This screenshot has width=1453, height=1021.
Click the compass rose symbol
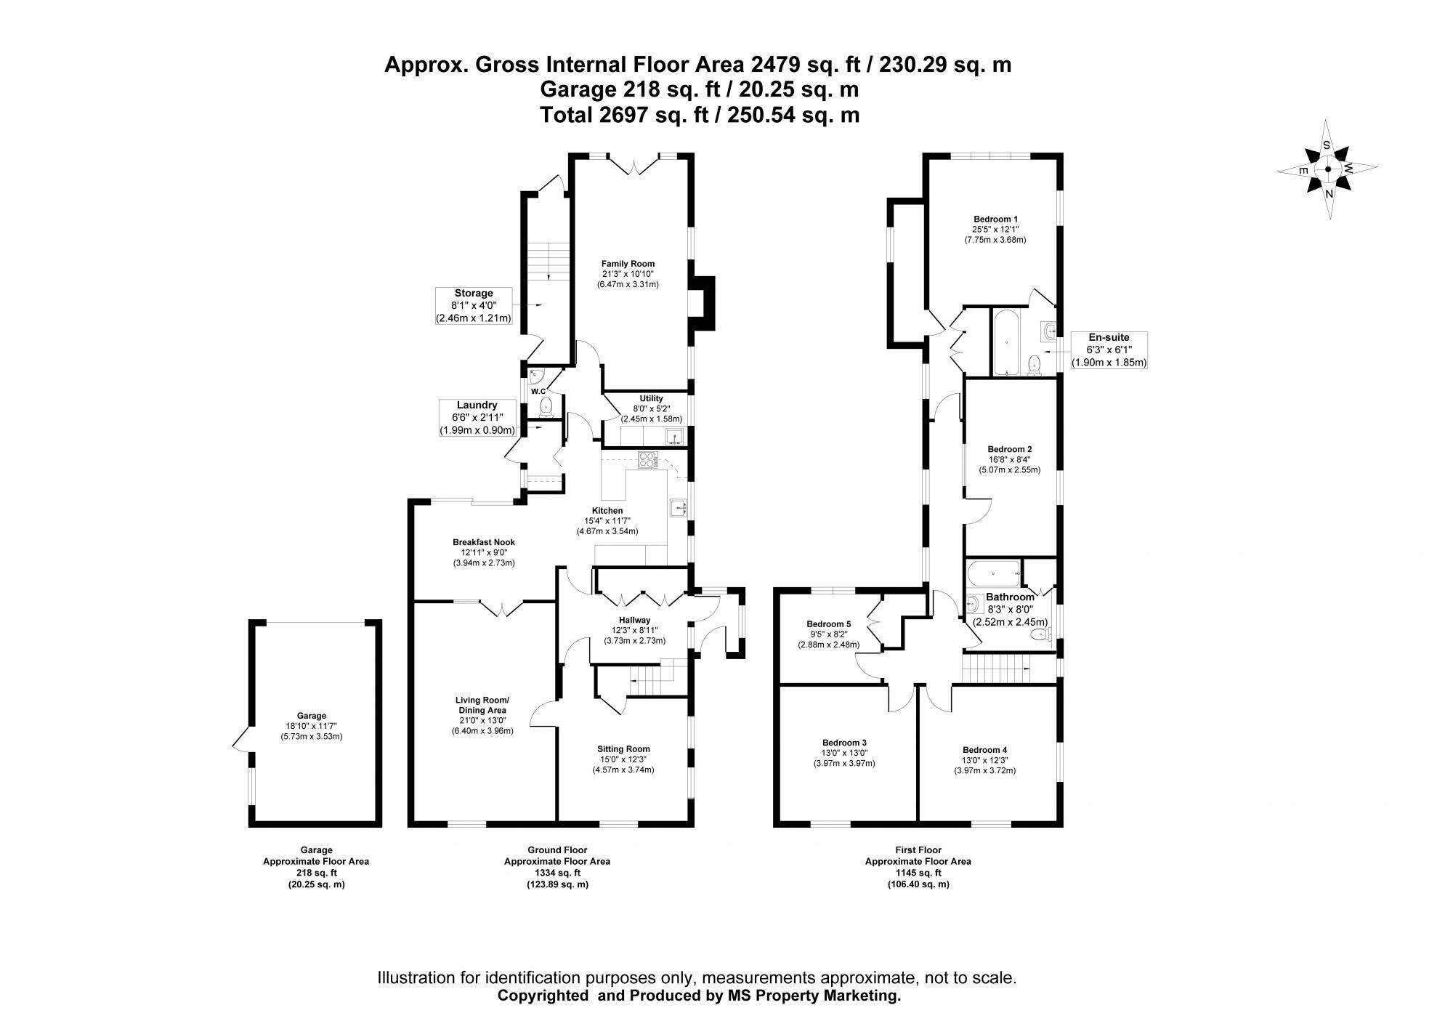(1327, 170)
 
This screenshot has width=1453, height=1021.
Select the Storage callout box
(474, 306)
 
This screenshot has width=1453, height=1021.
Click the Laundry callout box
(477, 418)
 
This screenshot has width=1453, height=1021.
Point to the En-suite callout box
(1109, 350)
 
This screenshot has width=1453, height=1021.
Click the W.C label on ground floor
(538, 392)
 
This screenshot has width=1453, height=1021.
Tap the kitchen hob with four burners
(647, 459)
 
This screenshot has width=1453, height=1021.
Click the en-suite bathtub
(1007, 342)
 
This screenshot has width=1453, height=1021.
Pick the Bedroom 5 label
(828, 624)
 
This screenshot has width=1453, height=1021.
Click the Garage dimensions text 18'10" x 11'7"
(311, 726)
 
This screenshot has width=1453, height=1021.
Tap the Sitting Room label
(623, 748)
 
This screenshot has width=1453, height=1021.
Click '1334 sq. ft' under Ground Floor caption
(556, 873)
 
